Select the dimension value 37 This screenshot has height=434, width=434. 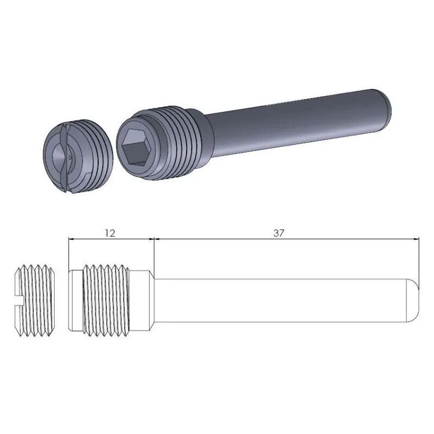(x=279, y=233)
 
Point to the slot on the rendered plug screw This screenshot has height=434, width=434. (x=66, y=158)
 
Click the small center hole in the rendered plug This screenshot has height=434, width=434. (x=71, y=158)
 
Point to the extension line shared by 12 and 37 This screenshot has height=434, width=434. (x=155, y=255)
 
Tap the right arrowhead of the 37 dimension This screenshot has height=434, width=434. (x=417, y=238)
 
